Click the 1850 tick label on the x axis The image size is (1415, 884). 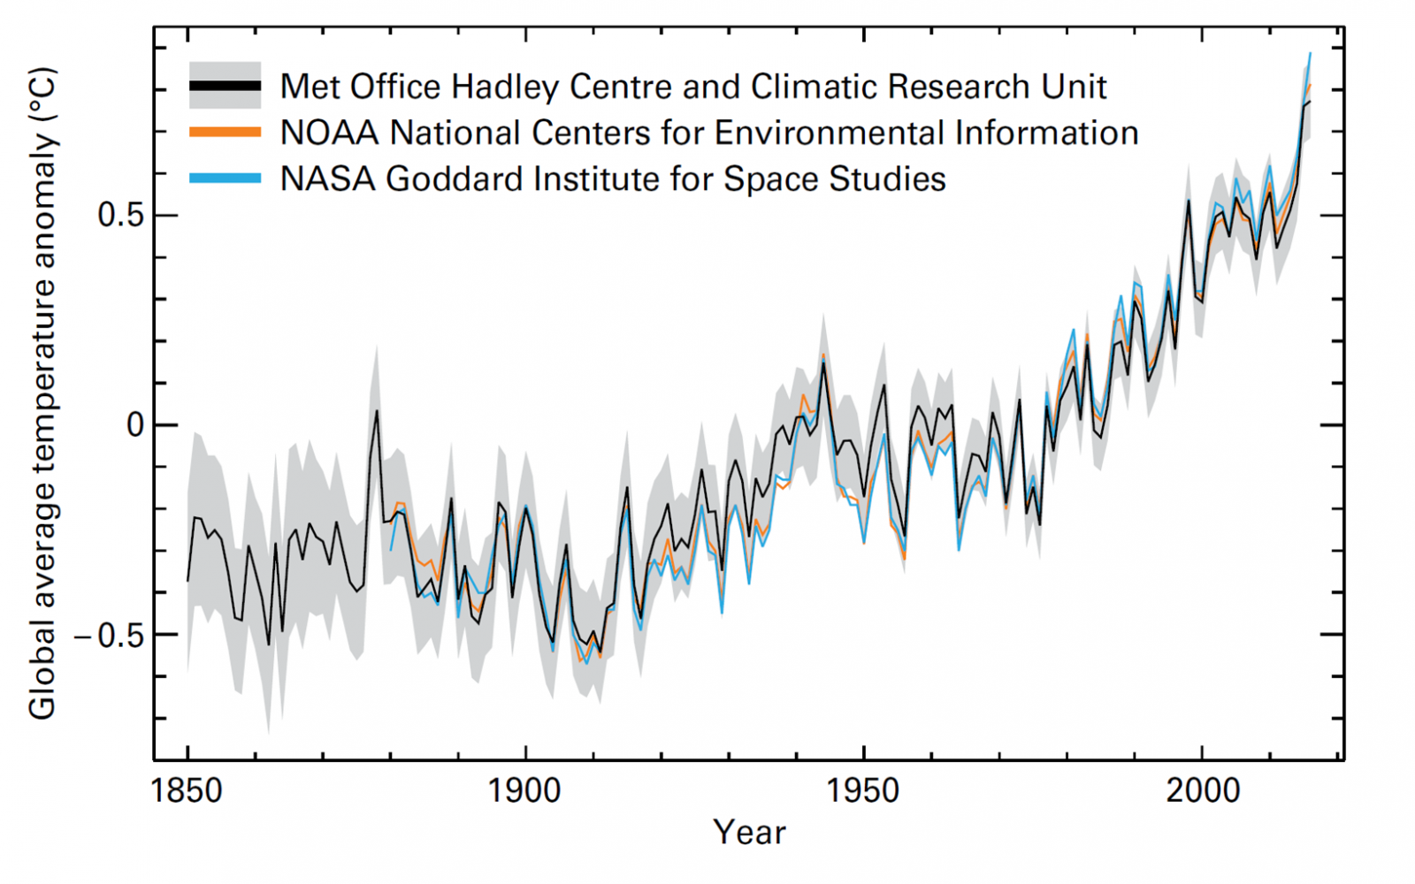[187, 790]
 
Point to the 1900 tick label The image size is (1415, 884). [524, 790]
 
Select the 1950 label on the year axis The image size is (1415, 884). [863, 790]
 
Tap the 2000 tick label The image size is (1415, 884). [1202, 790]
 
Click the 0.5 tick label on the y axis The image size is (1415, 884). [120, 215]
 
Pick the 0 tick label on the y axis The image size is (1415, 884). [134, 425]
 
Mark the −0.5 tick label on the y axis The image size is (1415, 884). [108, 635]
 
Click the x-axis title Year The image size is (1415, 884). [749, 833]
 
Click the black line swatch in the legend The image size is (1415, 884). [225, 86]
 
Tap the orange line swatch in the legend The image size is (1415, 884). [225, 133]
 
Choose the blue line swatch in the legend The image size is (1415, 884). [225, 179]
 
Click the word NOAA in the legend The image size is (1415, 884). [330, 133]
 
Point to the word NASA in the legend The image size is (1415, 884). [328, 179]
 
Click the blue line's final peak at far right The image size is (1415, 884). [1310, 54]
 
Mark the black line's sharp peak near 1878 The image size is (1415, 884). [377, 410]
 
